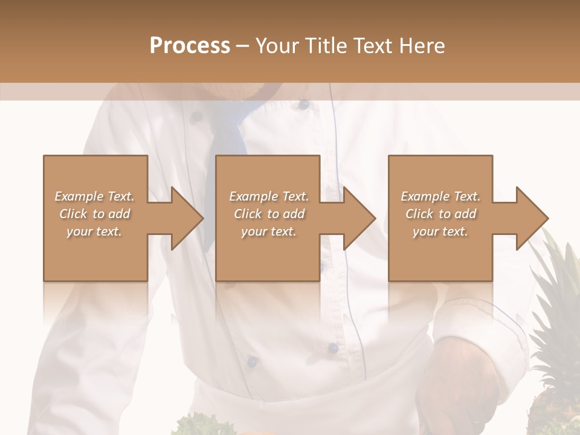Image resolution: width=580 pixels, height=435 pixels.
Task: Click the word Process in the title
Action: pos(190,46)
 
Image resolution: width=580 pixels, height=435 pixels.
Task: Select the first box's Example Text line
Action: pos(94,196)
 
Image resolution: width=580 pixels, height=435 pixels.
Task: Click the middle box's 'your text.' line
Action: pos(268,231)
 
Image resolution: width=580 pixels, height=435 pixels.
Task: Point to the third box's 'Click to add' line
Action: pos(441,214)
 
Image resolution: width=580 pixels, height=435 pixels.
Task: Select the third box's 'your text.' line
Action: pos(440,231)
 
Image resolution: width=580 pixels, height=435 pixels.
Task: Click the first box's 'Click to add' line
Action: pos(94,214)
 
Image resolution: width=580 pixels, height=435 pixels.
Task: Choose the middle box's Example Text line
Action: pos(268,196)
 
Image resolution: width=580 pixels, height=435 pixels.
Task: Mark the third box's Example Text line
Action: pos(440,196)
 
